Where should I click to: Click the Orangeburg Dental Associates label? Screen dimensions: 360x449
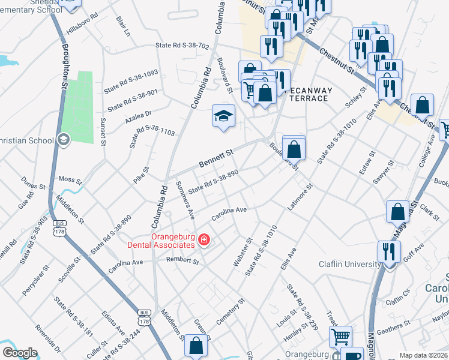pyautogui.click(x=161, y=240)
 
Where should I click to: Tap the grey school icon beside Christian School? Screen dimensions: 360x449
pyautogui.click(x=62, y=140)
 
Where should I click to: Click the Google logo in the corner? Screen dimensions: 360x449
pyautogui.click(x=20, y=353)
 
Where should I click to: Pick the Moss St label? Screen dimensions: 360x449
pyautogui.click(x=70, y=179)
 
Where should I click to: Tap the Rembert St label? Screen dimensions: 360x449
pyautogui.click(x=182, y=261)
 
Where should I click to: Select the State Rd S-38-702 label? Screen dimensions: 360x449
pyautogui.click(x=182, y=46)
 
